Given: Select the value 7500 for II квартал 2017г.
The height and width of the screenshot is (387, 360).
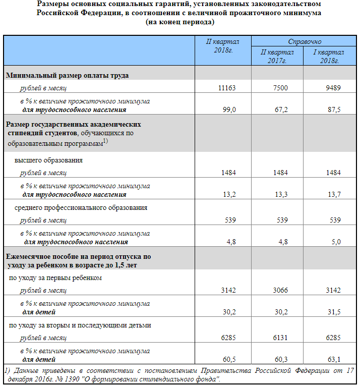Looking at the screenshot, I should (280, 88).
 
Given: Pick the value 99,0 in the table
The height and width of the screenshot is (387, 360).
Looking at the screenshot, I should (229, 109).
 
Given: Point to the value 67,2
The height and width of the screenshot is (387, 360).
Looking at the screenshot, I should (280, 109).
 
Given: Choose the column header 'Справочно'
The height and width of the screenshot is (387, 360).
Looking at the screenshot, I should (305, 42).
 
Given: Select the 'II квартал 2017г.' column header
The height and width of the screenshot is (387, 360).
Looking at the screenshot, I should (277, 56).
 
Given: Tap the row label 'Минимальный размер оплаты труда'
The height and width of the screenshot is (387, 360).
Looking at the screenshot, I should (67, 75).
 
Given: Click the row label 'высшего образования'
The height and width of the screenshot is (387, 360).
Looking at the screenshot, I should (48, 160).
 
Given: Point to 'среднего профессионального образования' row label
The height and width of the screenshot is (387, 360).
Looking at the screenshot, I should (81, 207).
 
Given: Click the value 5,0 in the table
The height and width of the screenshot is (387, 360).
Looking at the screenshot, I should (335, 242).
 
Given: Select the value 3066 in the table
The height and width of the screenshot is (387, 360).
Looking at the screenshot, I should (280, 290).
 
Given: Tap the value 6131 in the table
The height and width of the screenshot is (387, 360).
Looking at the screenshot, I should (280, 338).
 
